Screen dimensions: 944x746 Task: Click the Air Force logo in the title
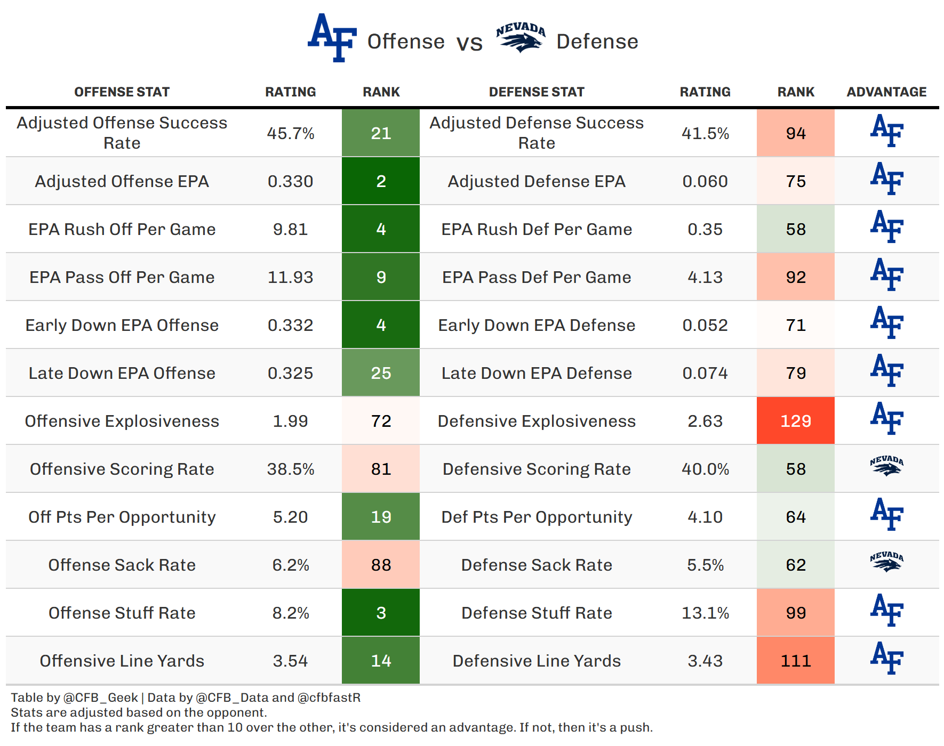click(332, 38)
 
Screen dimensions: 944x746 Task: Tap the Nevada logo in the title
click(521, 38)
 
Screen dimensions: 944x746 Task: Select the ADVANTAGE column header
click(886, 92)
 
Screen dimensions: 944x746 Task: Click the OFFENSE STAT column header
click(122, 92)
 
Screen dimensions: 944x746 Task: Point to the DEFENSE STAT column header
click(537, 92)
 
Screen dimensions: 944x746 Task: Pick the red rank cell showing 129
click(796, 420)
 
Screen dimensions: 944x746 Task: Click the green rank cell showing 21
click(381, 133)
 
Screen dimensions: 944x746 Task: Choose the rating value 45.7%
click(291, 133)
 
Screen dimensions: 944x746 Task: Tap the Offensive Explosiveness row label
click(122, 421)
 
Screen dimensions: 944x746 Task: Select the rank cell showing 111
click(796, 660)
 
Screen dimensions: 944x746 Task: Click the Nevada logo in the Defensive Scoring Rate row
click(886, 466)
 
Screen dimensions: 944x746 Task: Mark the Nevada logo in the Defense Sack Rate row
click(886, 562)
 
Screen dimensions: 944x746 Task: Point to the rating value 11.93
click(291, 277)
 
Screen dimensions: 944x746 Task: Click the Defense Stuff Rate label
click(537, 613)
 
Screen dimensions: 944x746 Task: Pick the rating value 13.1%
click(705, 613)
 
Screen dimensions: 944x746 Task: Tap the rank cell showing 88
click(381, 564)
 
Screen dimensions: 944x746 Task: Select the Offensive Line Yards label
click(122, 661)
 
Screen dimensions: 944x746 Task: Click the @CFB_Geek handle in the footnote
click(101, 698)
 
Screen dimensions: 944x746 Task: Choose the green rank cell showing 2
click(381, 181)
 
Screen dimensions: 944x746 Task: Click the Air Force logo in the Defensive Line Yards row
click(886, 658)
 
